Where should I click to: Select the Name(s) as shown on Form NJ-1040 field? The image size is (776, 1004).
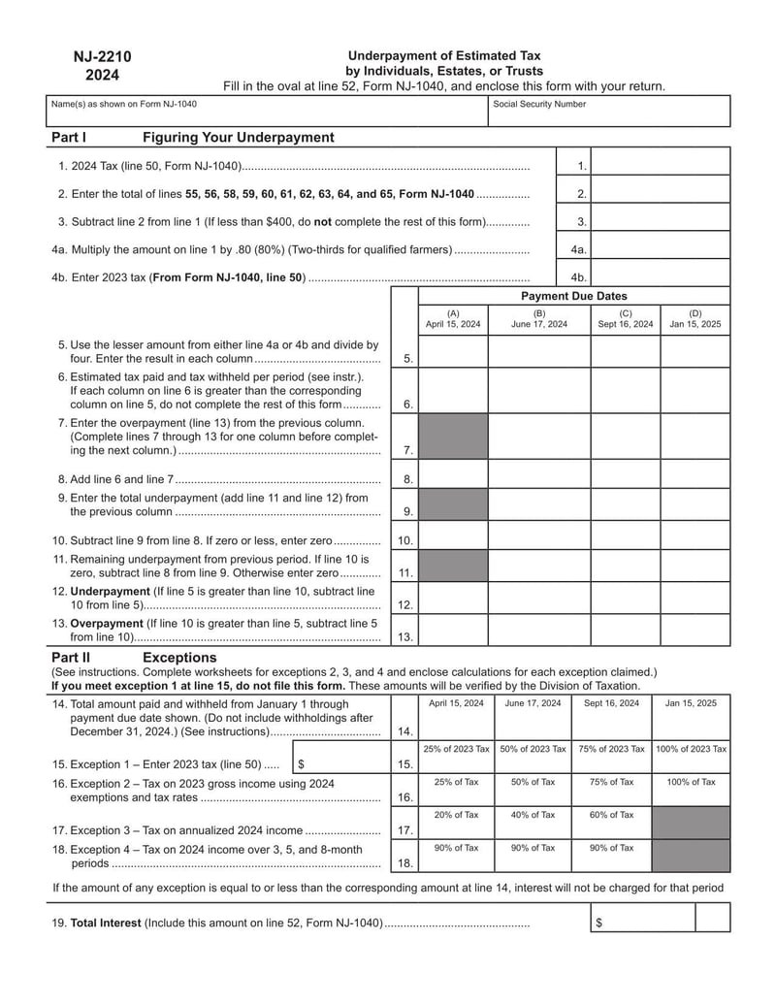267,113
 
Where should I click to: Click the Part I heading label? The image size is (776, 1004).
69,138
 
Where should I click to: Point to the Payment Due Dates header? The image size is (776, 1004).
573,296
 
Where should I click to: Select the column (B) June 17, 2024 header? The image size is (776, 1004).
538,319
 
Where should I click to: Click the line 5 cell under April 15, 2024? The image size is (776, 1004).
453,350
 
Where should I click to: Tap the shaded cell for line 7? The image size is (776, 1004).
453,437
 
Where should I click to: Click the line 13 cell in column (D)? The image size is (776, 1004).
695,630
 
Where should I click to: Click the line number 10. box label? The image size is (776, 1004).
404,540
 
